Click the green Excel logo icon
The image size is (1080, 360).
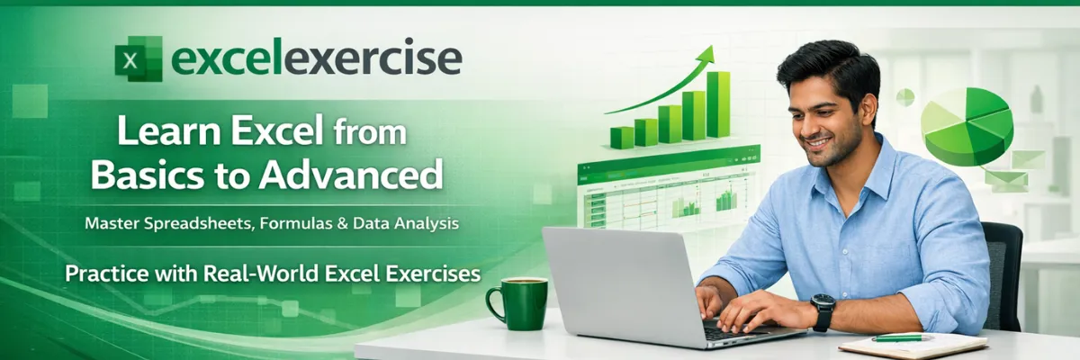click(139, 59)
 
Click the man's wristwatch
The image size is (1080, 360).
click(822, 311)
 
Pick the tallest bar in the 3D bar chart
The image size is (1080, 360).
click(718, 104)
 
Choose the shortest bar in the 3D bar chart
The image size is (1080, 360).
click(622, 137)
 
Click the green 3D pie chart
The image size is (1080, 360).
click(967, 126)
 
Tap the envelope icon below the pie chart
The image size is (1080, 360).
click(1006, 176)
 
